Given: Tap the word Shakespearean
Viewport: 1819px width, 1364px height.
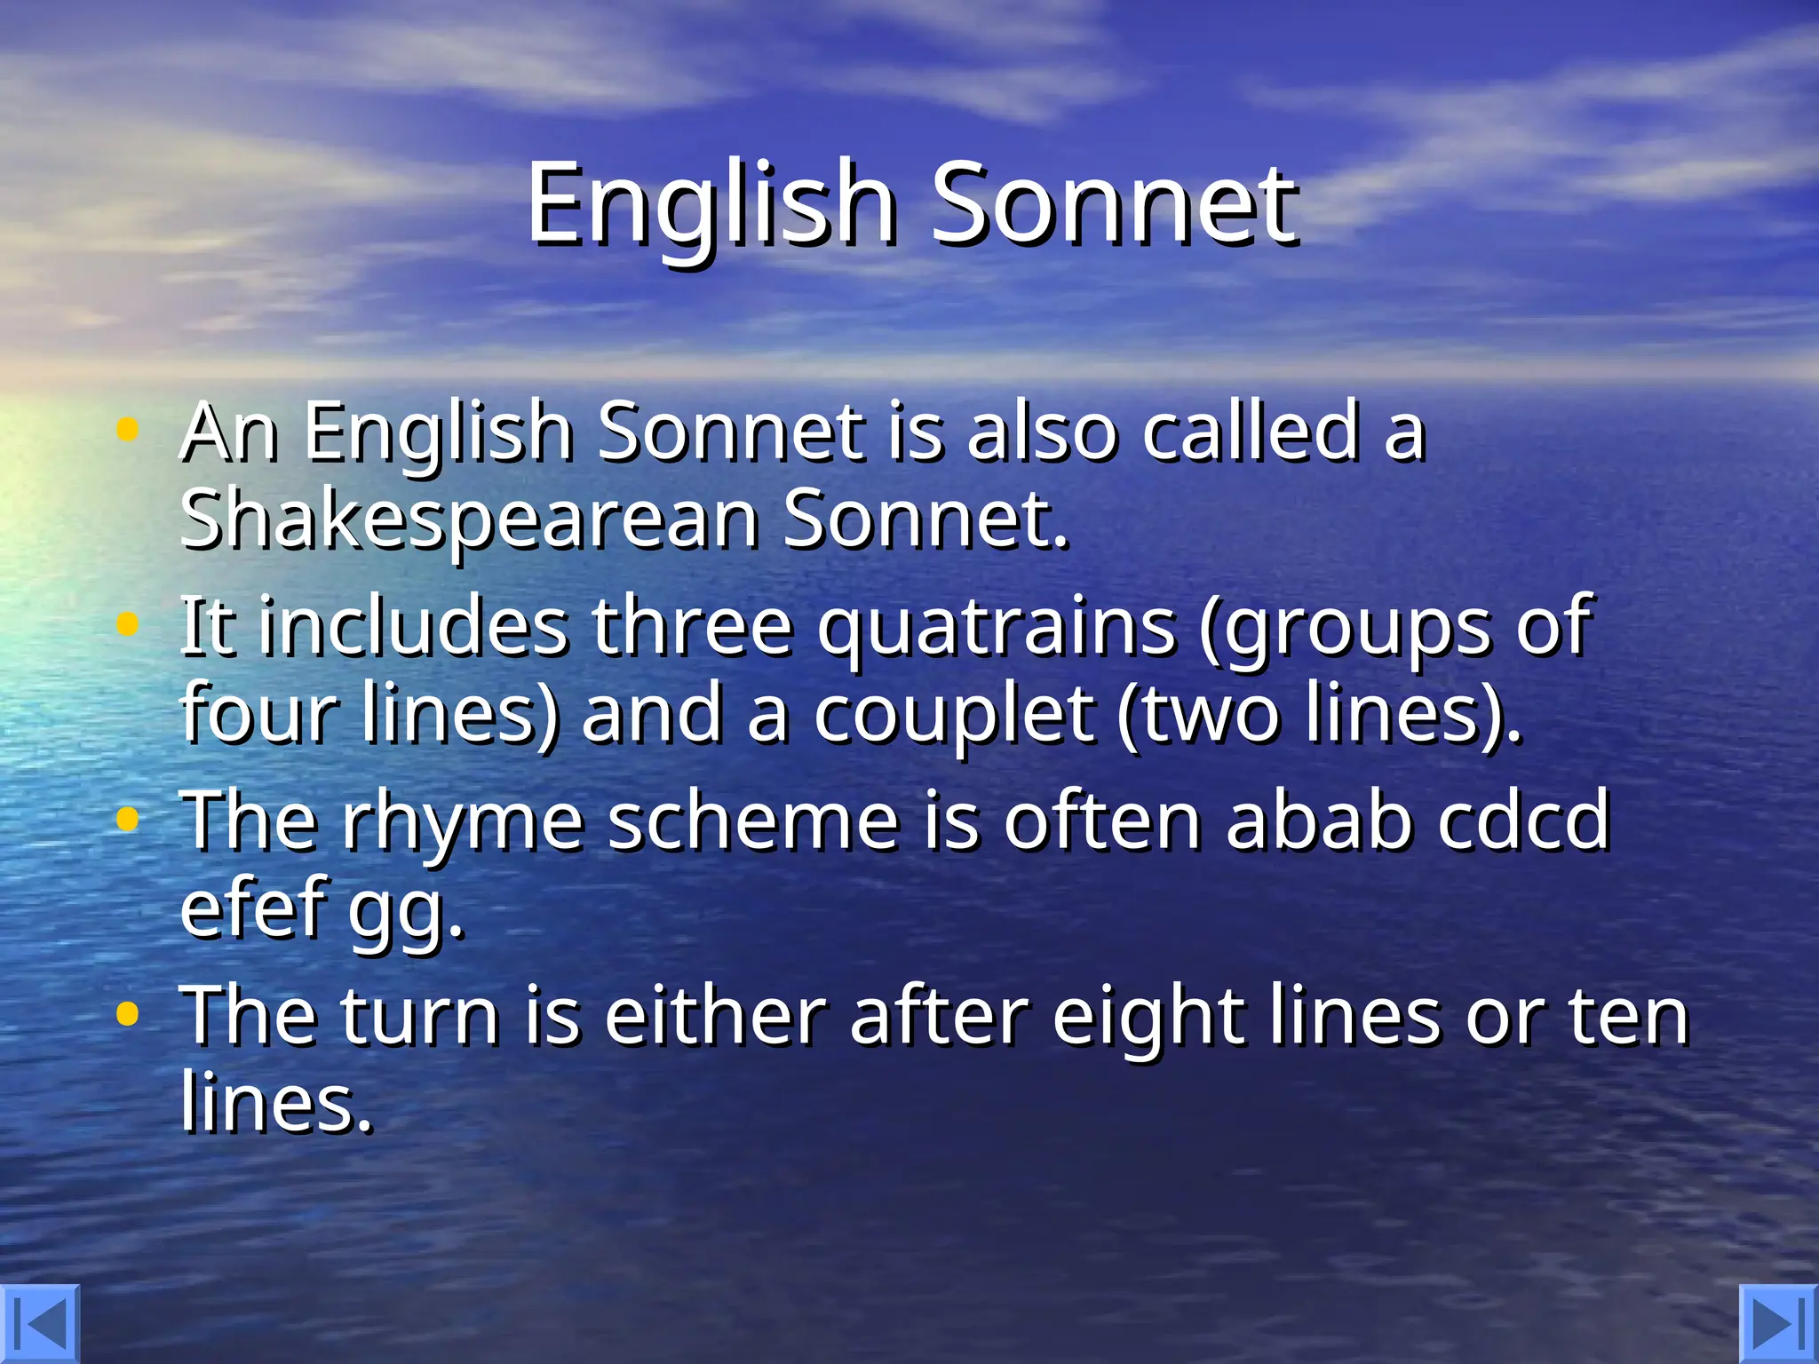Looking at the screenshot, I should click(x=469, y=520).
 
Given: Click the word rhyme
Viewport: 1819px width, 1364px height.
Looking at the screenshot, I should click(x=464, y=822).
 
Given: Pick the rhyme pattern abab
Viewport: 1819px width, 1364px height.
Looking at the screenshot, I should click(x=1320, y=821).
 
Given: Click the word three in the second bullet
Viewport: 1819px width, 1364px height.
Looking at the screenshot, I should click(x=692, y=627).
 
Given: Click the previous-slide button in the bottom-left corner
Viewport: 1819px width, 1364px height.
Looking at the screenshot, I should click(x=39, y=1324).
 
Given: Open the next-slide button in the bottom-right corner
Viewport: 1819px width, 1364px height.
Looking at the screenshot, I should click(x=1779, y=1324).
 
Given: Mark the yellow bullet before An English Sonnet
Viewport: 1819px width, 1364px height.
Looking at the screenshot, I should click(x=128, y=431).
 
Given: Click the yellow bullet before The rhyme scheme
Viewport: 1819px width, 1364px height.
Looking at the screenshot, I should click(x=128, y=821).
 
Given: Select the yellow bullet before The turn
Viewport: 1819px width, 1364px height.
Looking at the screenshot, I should click(x=128, y=1014).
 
